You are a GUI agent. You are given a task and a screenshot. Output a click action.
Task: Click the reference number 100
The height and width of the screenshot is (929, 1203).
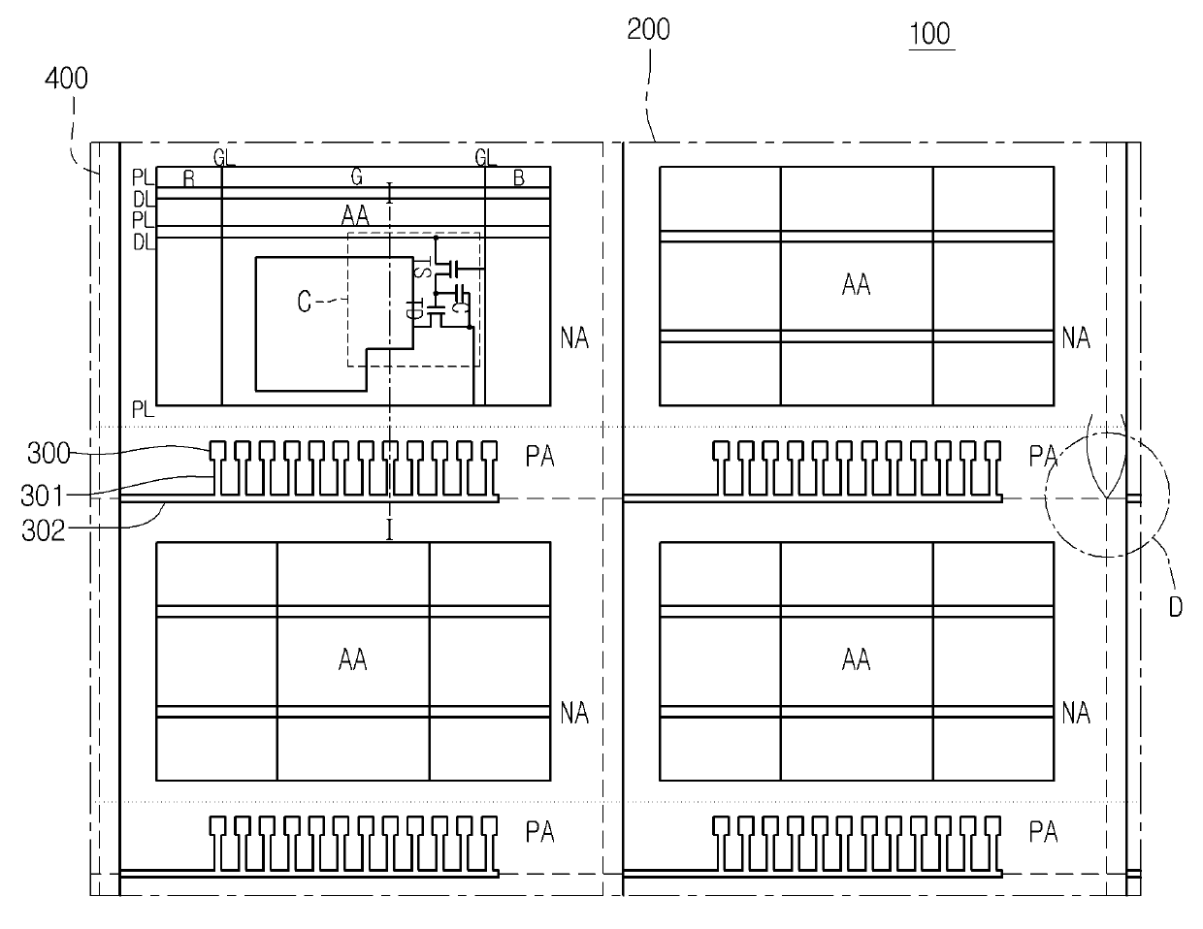[929, 34]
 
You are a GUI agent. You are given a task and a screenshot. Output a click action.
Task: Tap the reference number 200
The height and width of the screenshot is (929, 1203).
[648, 29]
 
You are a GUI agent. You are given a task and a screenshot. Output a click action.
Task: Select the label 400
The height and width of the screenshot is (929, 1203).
[67, 79]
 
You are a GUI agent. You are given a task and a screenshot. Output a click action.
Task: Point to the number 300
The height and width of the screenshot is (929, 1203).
[48, 453]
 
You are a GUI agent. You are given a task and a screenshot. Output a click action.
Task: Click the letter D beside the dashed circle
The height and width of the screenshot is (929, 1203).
[1175, 607]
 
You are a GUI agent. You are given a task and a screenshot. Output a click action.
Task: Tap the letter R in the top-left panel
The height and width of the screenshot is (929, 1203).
[188, 179]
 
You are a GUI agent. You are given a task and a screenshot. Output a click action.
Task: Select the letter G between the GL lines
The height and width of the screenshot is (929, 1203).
[356, 177]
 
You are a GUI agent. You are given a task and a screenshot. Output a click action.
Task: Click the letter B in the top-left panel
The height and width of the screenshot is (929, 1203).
[519, 178]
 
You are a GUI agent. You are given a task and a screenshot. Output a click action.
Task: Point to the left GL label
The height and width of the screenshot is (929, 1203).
[224, 157]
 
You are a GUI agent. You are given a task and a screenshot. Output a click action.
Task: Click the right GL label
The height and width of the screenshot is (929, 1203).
[485, 157]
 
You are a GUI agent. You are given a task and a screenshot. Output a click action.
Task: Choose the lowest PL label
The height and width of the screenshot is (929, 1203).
[143, 409]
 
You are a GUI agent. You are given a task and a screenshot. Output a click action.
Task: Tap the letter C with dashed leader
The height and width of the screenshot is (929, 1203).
[304, 304]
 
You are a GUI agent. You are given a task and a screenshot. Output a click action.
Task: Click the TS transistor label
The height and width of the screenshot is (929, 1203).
[422, 269]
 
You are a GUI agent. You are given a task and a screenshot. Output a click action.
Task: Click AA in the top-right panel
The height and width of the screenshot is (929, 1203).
[856, 285]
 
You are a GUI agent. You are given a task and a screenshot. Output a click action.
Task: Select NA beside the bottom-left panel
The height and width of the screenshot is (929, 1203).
[574, 714]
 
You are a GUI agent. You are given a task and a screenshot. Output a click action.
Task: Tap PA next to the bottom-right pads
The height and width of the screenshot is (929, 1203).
[1043, 832]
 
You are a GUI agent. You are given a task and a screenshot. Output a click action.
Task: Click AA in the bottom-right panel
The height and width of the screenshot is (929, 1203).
[856, 660]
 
